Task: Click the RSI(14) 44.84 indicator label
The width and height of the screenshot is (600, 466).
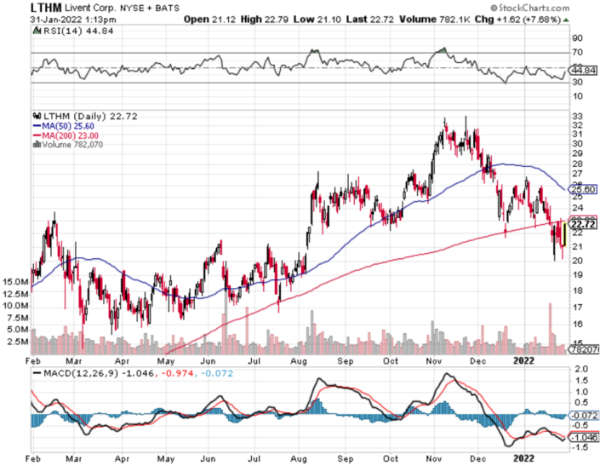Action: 71,31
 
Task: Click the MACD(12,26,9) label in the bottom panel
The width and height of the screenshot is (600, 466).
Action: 82,373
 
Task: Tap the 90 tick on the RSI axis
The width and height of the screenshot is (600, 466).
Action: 576,38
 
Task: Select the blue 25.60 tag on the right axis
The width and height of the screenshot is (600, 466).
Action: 582,190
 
